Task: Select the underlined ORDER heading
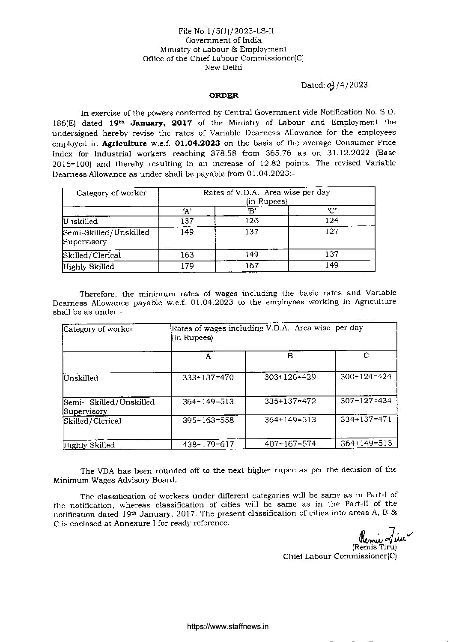224,96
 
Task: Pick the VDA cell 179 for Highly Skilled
187,266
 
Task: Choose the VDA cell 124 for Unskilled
331,220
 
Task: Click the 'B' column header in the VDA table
251,210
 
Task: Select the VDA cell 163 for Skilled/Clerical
187,255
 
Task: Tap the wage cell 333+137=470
209,378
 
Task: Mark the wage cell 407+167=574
290,444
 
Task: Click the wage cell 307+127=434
366,400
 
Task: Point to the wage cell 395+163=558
209,420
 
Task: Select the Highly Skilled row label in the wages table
89,445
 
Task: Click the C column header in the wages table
366,355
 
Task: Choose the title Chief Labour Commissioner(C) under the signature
340,556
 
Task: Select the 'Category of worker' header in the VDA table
111,193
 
